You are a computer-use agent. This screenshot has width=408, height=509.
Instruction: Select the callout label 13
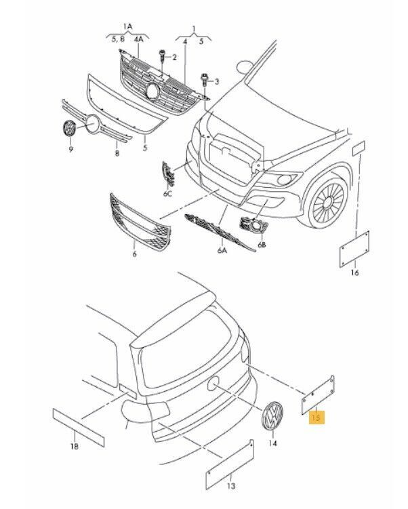point(230,487)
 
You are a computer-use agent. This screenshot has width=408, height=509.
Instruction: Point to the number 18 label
point(74,445)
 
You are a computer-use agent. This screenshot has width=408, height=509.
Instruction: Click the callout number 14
point(273,444)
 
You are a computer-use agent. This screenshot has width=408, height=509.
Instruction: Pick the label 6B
point(262,245)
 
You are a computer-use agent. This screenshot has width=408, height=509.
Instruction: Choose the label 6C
point(167,194)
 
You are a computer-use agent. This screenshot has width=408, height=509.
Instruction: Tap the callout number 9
point(70,146)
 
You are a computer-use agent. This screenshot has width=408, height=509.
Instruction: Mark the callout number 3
point(217,82)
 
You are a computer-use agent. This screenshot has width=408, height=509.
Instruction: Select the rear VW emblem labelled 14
point(272,416)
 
